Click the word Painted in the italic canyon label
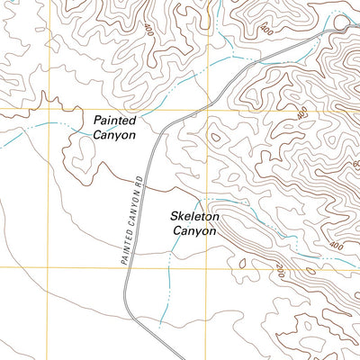pyautogui.click(x=113, y=121)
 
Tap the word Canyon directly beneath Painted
pyautogui.click(x=113, y=135)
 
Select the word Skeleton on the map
pyautogui.click(x=194, y=217)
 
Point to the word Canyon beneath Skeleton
pyautogui.click(x=194, y=231)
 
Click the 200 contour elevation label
pyautogui.click(x=279, y=269)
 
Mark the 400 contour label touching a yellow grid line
pyautogui.click(x=301, y=112)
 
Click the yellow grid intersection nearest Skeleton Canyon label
pyautogui.click(x=210, y=267)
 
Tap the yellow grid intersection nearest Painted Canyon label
pyautogui.click(x=210, y=110)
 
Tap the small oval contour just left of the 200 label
pyautogui.click(x=240, y=264)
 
